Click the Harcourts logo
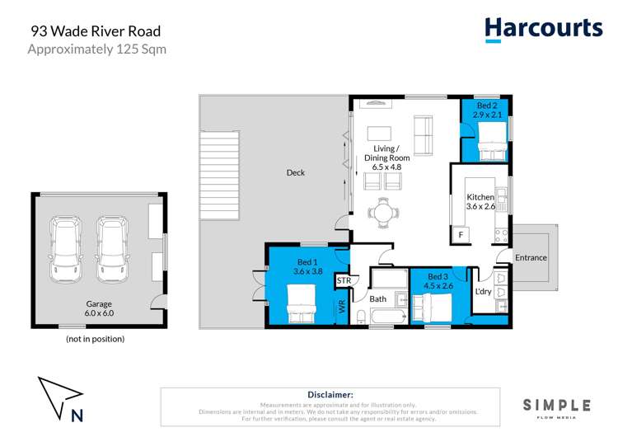click(543, 29)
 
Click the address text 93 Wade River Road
click(96, 31)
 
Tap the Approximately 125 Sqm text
click(97, 49)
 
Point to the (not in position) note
click(96, 339)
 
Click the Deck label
click(295, 172)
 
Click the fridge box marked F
click(461, 235)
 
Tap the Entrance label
click(531, 257)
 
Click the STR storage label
click(344, 281)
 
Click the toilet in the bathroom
click(362, 315)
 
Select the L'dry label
click(483, 292)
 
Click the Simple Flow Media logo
click(557, 406)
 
